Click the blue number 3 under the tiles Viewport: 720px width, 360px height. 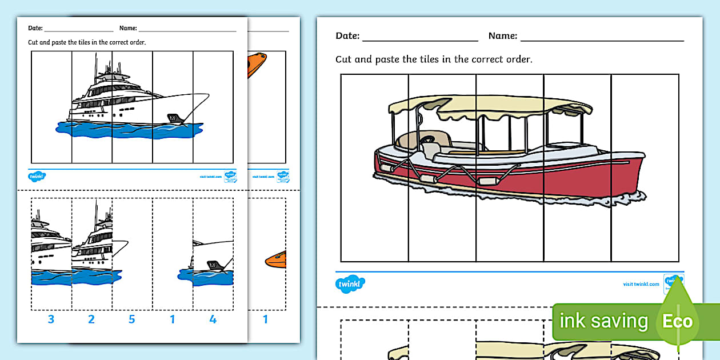point(51,319)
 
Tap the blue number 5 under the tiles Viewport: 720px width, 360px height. point(132,319)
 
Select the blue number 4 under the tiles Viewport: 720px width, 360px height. point(213,319)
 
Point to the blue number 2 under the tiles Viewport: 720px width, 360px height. point(91,319)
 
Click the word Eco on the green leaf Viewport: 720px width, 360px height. point(678,321)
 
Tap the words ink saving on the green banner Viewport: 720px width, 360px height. point(603,321)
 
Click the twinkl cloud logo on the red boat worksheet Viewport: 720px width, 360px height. point(350,283)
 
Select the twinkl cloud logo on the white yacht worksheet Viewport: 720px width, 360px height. point(37,176)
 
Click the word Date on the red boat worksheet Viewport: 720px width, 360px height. point(347,36)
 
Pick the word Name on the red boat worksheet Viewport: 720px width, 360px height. point(502,36)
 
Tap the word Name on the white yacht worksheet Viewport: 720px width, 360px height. point(128,27)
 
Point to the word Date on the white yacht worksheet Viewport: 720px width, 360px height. point(35,27)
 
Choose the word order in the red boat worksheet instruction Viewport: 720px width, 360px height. point(517,59)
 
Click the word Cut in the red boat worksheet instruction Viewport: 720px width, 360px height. point(344,59)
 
